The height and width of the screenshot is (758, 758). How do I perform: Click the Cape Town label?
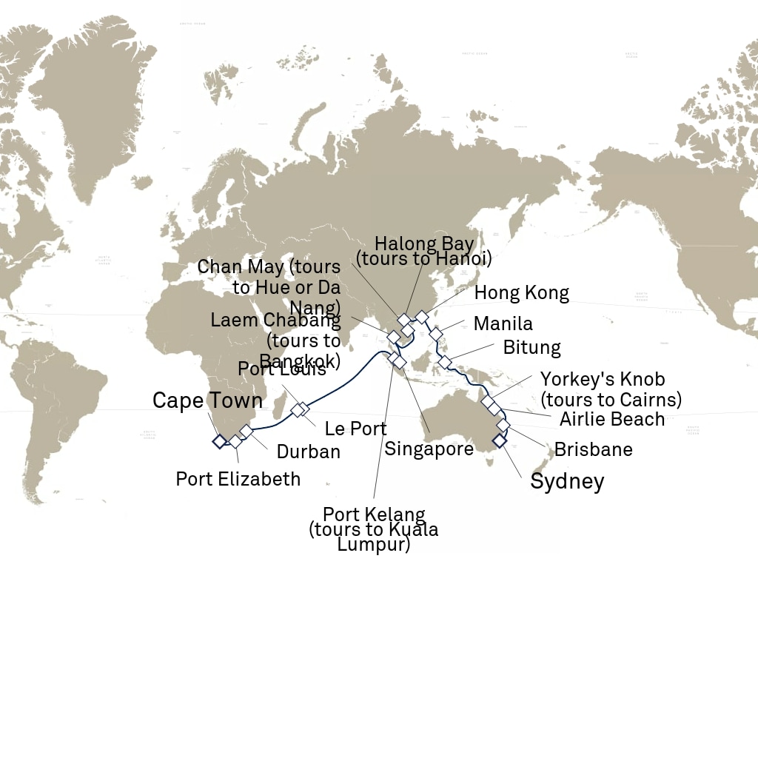[207, 401]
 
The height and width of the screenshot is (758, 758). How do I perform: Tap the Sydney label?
[567, 482]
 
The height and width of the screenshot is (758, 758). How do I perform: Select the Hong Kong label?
[521, 293]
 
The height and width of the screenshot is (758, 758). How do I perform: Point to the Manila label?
[503, 323]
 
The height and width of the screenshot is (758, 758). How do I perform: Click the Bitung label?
[531, 347]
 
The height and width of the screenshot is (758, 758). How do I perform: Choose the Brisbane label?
[593, 449]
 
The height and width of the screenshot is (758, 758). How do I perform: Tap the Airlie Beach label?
[611, 419]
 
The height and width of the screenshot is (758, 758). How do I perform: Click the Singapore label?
[429, 449]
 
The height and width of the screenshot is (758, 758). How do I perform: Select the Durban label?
[308, 452]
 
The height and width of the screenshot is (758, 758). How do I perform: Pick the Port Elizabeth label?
[238, 479]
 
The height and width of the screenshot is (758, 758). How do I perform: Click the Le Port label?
[355, 429]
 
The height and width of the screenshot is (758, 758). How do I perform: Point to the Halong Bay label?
[424, 244]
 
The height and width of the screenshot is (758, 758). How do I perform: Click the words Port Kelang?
[374, 514]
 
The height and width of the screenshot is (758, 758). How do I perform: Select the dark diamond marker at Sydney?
[500, 441]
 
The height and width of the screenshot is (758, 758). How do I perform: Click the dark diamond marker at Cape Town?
[219, 441]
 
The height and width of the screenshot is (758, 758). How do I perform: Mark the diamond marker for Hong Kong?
[421, 317]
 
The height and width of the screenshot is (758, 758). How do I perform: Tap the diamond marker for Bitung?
[444, 362]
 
